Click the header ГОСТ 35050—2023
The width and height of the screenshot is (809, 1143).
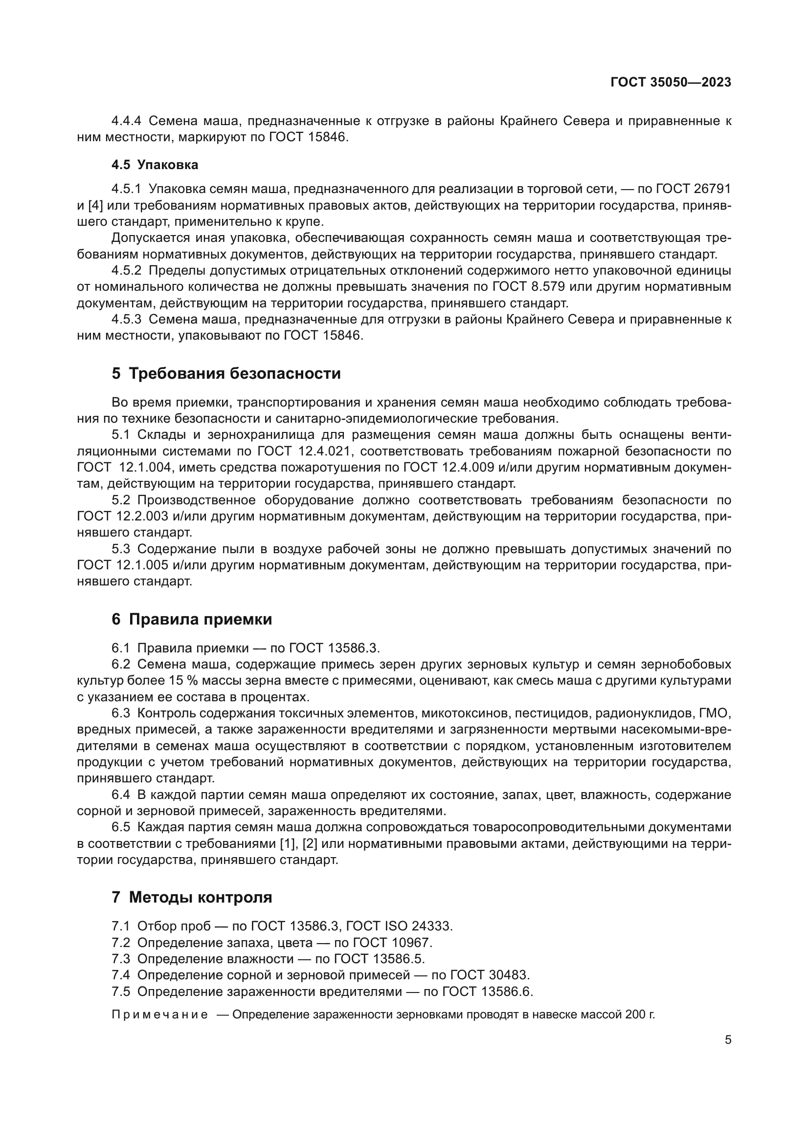[671, 82]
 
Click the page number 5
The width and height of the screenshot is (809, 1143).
[728, 1039]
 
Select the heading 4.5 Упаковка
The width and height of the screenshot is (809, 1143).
[155, 165]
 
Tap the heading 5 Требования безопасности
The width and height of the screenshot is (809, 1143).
[226, 373]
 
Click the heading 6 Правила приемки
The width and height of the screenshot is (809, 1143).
[192, 619]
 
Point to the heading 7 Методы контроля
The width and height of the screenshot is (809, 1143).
[192, 897]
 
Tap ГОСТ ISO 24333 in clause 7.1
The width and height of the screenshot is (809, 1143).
[399, 926]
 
